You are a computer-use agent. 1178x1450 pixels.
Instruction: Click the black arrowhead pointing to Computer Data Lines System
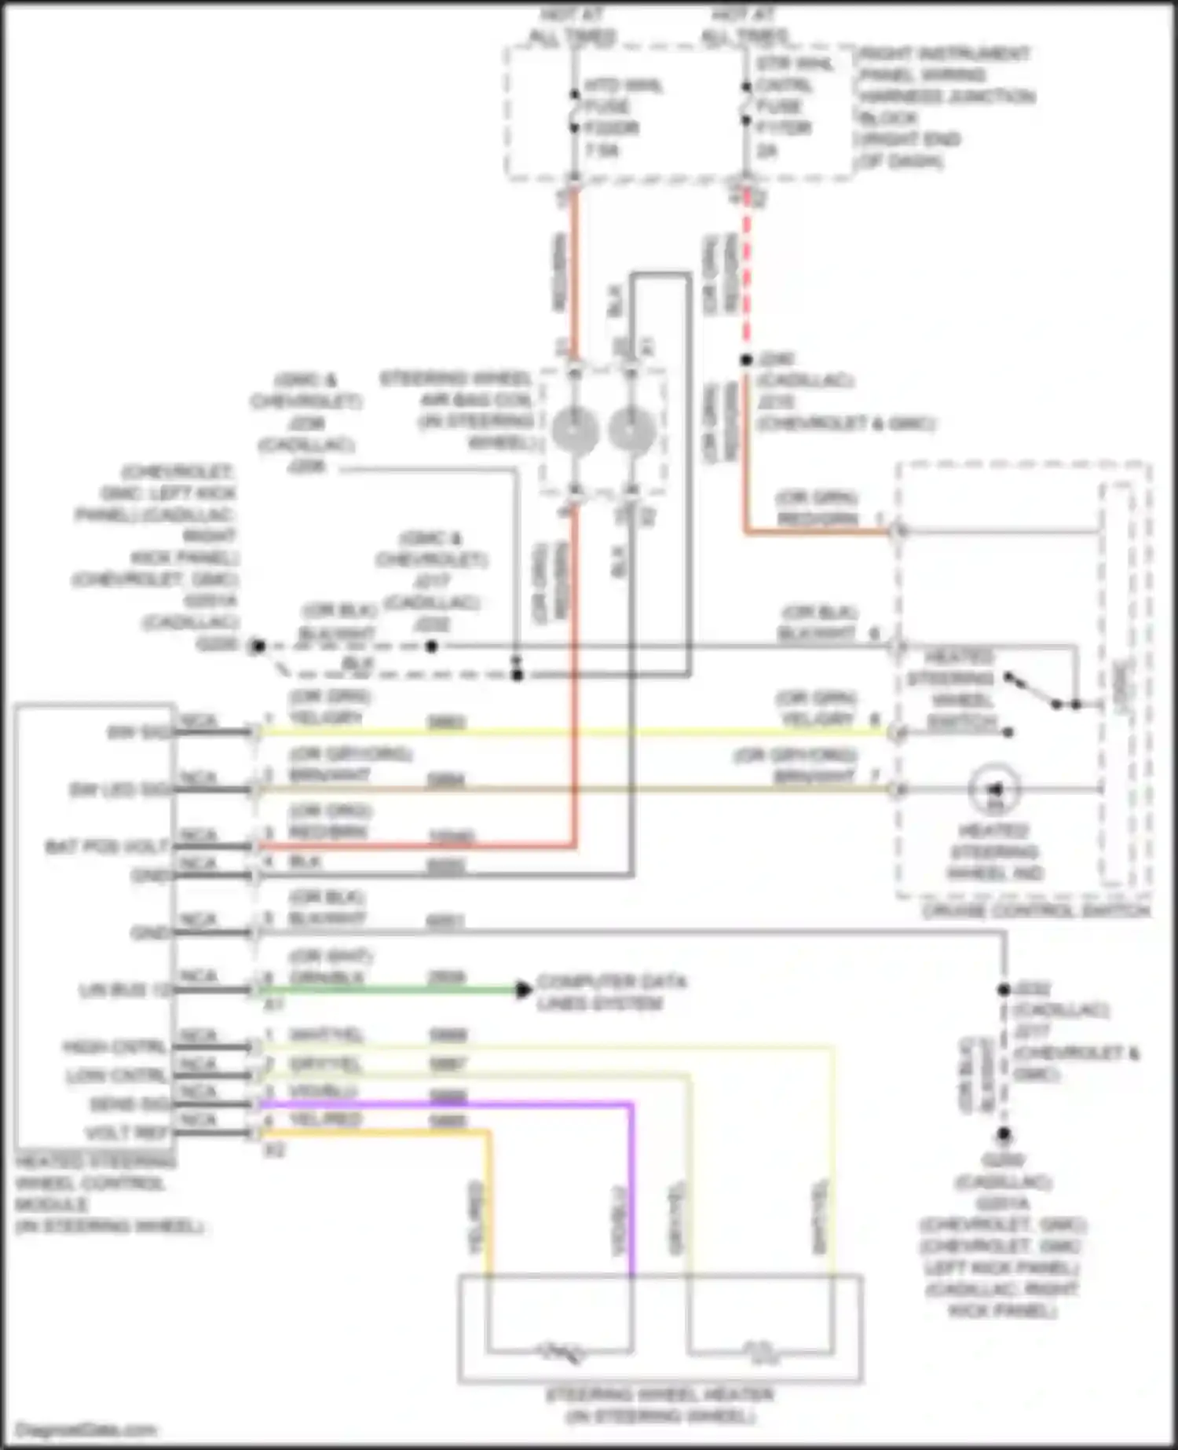(x=523, y=990)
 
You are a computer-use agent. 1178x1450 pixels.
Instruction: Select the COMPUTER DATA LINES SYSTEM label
(x=611, y=993)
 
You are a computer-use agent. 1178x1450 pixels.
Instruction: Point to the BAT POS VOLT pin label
(x=107, y=847)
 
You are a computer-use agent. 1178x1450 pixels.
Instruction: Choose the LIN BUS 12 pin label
(x=124, y=990)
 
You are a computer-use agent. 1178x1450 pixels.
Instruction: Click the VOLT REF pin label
(x=126, y=1133)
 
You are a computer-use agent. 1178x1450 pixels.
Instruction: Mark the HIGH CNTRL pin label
(x=115, y=1048)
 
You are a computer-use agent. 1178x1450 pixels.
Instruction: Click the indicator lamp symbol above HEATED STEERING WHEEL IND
(x=995, y=788)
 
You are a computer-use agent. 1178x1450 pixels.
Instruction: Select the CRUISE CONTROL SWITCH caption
(x=1036, y=911)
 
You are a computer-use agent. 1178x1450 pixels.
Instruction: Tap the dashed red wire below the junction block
(x=745, y=275)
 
